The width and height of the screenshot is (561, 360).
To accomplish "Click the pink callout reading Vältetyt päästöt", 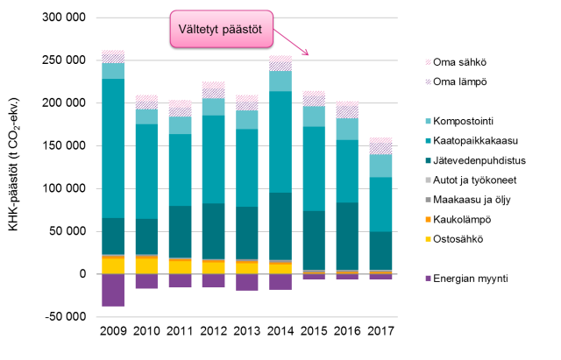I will (x=221, y=28).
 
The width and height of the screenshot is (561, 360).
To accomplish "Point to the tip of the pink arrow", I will (x=309, y=55).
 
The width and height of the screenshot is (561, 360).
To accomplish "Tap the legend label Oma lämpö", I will (x=460, y=81).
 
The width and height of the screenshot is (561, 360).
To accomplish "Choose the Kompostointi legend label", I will (x=468, y=121).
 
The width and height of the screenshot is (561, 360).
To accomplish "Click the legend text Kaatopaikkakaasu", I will (x=479, y=140).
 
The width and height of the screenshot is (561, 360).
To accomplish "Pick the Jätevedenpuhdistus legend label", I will (x=479, y=160).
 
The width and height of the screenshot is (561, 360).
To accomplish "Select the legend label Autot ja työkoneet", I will (x=479, y=180).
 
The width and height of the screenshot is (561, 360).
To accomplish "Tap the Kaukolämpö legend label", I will (x=462, y=219).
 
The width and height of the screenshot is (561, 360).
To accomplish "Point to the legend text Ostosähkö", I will (x=458, y=239).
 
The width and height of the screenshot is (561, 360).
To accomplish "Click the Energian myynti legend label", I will (x=471, y=279).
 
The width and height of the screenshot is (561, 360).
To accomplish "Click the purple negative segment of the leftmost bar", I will (x=113, y=290).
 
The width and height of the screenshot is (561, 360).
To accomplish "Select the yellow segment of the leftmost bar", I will (x=113, y=265).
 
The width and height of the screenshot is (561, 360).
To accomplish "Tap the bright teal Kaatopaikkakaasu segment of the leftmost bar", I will (x=113, y=148).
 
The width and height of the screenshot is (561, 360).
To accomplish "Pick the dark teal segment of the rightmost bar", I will (x=380, y=251).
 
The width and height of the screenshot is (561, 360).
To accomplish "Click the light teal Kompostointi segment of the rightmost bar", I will (x=380, y=166).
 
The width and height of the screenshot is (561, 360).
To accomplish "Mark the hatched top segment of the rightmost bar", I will (x=380, y=145).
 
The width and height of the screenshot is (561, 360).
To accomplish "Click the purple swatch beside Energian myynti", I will (x=428, y=279).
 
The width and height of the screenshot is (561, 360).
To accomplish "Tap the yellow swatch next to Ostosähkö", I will (x=428, y=239).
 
